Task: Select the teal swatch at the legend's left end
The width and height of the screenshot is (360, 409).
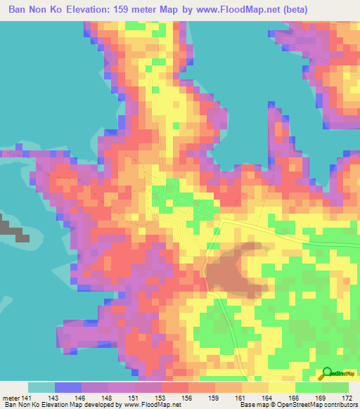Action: [x=41, y=387]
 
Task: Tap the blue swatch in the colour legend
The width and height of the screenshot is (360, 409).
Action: [x=67, y=387]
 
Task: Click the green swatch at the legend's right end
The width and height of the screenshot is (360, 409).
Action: [x=335, y=387]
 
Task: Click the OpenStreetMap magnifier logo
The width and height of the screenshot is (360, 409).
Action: [x=328, y=373]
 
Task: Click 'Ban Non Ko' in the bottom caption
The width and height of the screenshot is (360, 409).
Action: [x=22, y=405]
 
